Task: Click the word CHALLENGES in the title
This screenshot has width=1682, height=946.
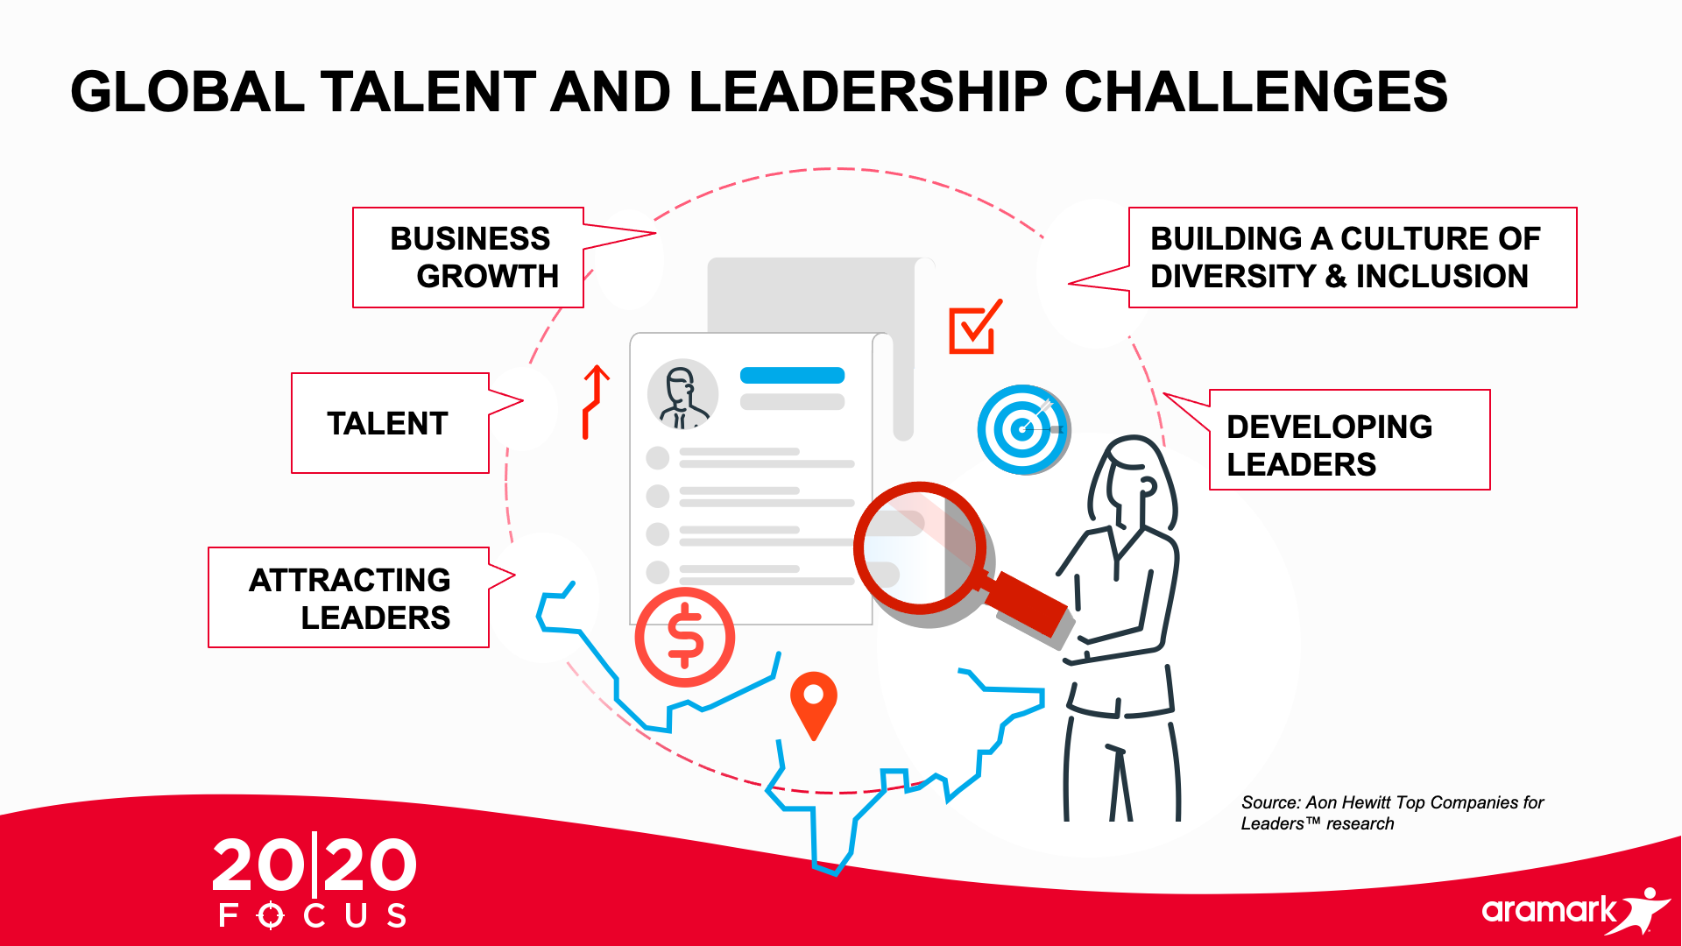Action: click(x=1255, y=92)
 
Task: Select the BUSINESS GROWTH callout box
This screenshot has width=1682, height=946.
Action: click(x=468, y=258)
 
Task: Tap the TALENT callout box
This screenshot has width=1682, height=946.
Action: click(x=390, y=423)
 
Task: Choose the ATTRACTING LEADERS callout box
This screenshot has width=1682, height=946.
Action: click(x=349, y=597)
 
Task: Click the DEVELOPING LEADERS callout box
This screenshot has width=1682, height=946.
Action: click(x=1349, y=440)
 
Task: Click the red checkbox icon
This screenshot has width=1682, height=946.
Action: click(x=974, y=328)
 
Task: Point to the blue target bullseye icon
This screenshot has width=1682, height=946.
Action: click(x=1022, y=430)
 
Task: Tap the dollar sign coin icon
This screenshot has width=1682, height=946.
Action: click(x=685, y=637)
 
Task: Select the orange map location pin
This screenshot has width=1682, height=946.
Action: click(x=814, y=703)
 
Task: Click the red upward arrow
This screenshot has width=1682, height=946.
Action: click(x=596, y=401)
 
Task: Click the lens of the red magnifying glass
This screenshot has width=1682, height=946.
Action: click(x=919, y=547)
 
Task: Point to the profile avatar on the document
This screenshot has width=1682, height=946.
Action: click(x=682, y=394)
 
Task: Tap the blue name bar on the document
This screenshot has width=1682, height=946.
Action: click(x=792, y=376)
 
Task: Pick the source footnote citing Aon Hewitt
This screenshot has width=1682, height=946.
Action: click(x=1392, y=813)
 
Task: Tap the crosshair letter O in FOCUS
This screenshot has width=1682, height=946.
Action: click(x=271, y=915)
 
